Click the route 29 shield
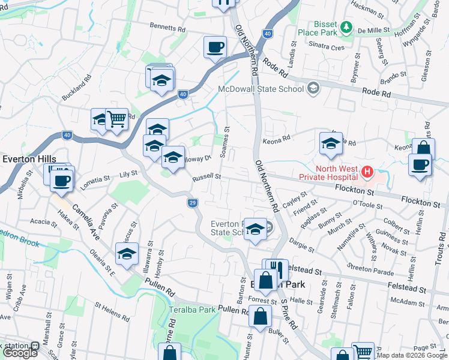(x=192, y=203)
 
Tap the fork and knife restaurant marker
(x=276, y=269)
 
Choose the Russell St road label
(x=207, y=178)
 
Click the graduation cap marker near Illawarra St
(x=127, y=254)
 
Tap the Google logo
(x=20, y=353)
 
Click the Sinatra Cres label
(x=326, y=46)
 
